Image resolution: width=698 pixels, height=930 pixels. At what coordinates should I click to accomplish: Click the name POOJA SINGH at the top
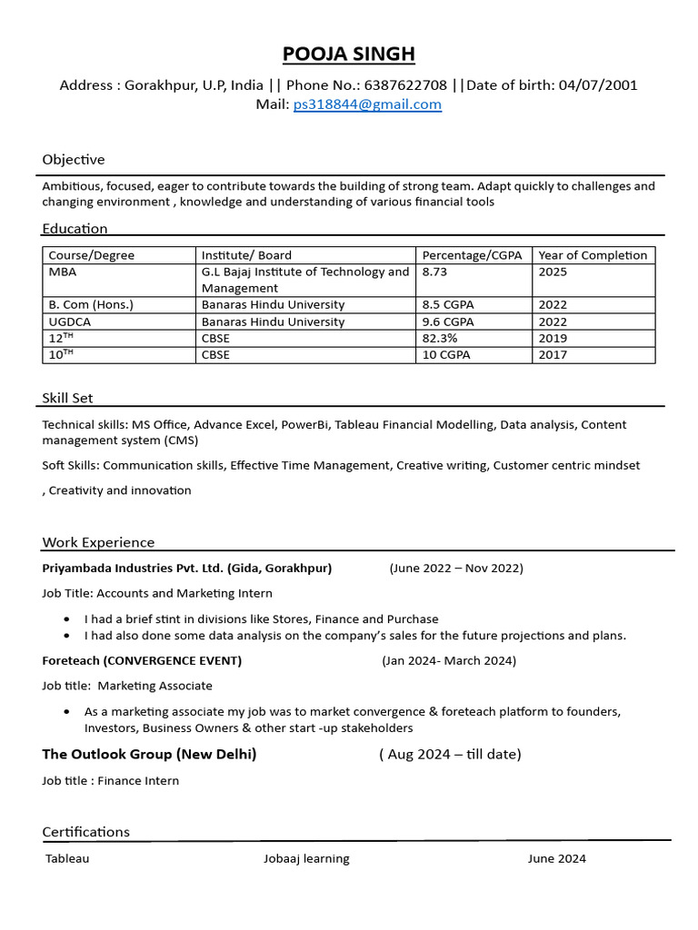[349, 54]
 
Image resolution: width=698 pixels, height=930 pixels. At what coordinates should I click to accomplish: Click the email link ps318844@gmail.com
[367, 104]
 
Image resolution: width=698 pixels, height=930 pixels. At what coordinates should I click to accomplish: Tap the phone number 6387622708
[404, 85]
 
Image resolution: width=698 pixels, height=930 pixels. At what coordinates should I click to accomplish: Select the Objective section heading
[74, 160]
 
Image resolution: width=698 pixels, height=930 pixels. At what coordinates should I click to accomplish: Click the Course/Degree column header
[91, 255]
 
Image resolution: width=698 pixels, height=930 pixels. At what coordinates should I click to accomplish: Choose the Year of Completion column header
[593, 255]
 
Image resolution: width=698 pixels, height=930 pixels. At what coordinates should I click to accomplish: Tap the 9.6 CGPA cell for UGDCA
[447, 322]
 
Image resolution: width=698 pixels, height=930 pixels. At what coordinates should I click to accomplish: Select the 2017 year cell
[553, 354]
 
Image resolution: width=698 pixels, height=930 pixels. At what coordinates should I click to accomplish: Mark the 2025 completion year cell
[553, 272]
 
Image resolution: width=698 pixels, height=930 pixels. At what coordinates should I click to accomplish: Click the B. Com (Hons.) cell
[91, 305]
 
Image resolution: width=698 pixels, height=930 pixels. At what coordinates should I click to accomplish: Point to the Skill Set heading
[67, 398]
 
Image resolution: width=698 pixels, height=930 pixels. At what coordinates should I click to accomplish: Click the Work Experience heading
[98, 542]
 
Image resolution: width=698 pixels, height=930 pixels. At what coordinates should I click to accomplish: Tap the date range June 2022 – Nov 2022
[456, 569]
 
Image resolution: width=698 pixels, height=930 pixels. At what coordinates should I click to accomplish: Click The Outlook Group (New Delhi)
[149, 754]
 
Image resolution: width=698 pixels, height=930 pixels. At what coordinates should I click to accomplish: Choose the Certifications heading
[85, 832]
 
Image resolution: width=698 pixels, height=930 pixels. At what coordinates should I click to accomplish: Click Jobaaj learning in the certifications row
[306, 858]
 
